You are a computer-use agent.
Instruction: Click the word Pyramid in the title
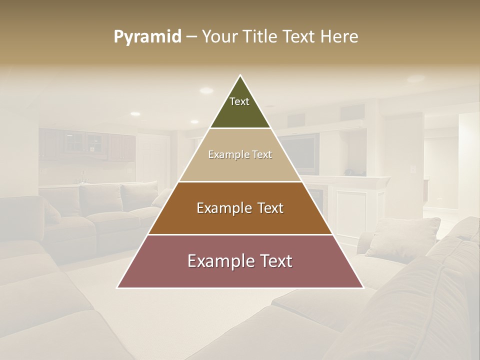(x=147, y=37)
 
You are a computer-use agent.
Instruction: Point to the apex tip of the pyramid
(x=240, y=76)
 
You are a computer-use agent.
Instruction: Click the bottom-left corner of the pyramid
(x=118, y=287)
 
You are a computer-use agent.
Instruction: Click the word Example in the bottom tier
(x=216, y=261)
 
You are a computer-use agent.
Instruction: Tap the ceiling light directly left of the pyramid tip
(x=206, y=90)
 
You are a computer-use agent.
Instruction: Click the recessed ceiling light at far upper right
(x=415, y=79)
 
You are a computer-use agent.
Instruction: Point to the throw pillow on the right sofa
(x=402, y=237)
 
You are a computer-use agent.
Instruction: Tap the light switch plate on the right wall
(x=413, y=169)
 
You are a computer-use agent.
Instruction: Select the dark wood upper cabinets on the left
(x=87, y=144)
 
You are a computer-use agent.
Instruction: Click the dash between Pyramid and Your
(x=191, y=37)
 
